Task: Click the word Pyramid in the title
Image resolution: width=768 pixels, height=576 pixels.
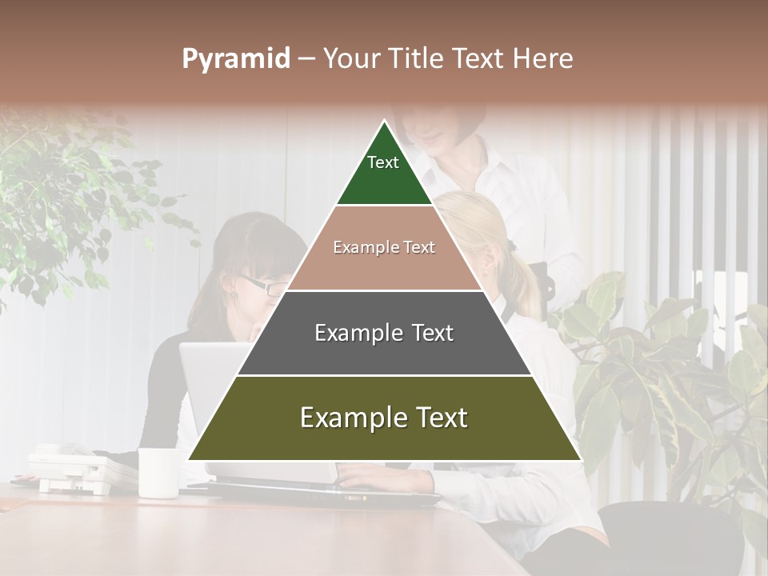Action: pyautogui.click(x=235, y=59)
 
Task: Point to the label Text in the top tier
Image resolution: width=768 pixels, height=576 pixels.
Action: pyautogui.click(x=383, y=162)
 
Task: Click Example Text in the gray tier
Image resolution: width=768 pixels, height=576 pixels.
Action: pyautogui.click(x=384, y=333)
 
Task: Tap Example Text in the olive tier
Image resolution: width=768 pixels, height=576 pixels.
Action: pyautogui.click(x=384, y=418)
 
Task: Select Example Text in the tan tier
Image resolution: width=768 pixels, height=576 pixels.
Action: pyautogui.click(x=384, y=247)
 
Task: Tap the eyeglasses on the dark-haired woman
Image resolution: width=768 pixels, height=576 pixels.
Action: pyautogui.click(x=260, y=284)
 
